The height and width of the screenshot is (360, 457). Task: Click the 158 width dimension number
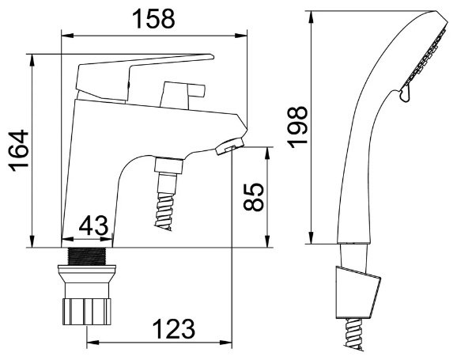tap(153, 19)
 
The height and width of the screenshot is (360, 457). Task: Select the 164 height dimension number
tap(19, 151)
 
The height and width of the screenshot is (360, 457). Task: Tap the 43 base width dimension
tap(93, 226)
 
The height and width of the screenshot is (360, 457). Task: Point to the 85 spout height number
tap(254, 197)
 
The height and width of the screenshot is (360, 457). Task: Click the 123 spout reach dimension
tap(174, 329)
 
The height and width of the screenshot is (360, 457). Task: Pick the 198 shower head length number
tap(297, 127)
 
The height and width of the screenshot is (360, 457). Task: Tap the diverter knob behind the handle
tap(182, 94)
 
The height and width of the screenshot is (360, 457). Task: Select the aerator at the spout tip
tap(230, 146)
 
